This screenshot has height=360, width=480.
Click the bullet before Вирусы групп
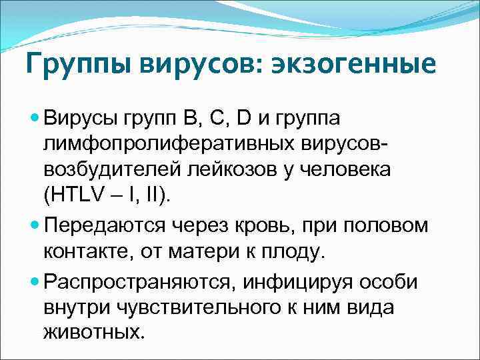pos(35,118)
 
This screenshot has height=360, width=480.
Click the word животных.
pos(94,333)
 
